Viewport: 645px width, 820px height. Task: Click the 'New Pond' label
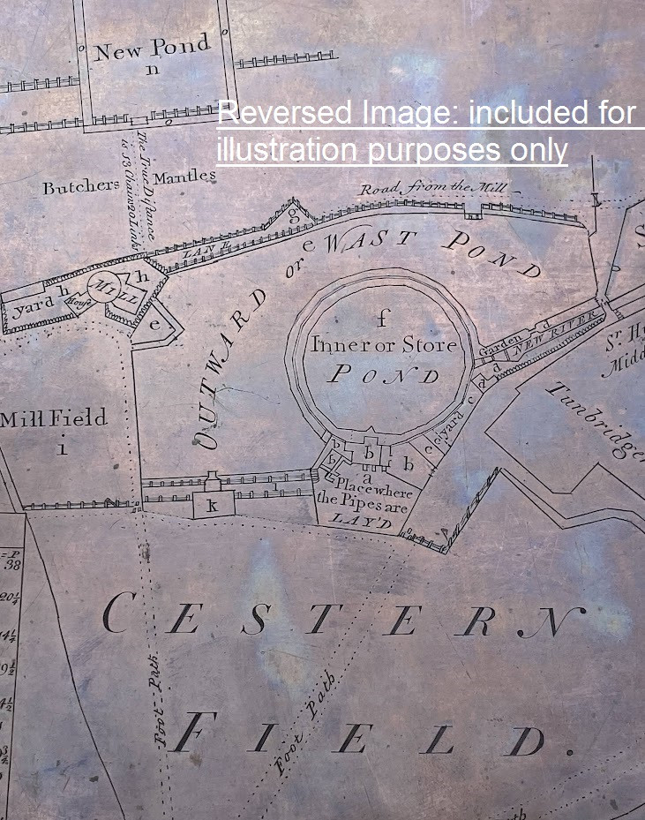coord(153,48)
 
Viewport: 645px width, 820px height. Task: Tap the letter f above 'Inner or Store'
coord(382,318)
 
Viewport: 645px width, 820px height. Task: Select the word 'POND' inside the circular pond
coord(383,375)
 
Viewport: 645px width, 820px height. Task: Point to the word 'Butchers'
coord(80,186)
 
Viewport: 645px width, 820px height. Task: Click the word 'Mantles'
coord(188,176)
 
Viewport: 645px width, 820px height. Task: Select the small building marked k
coord(213,506)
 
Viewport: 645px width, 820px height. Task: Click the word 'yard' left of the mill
coord(32,308)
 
